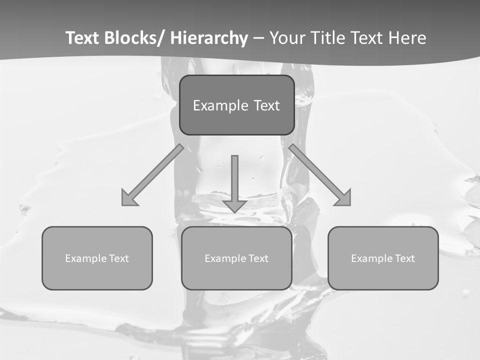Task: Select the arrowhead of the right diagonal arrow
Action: [x=343, y=198]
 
